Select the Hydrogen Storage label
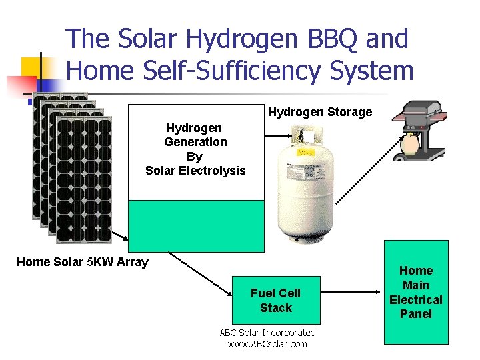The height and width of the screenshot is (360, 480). click(319, 112)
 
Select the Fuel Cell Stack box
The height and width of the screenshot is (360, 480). click(276, 300)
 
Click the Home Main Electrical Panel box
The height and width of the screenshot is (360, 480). click(416, 292)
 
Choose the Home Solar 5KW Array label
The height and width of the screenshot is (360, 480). click(82, 262)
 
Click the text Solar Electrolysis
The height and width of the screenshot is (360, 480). click(195, 171)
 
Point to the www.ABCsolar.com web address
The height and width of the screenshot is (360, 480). click(267, 344)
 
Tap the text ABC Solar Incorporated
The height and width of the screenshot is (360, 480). click(267, 332)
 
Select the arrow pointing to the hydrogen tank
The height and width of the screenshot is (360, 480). click(275, 135)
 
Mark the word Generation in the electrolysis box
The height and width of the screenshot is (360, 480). click(195, 141)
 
